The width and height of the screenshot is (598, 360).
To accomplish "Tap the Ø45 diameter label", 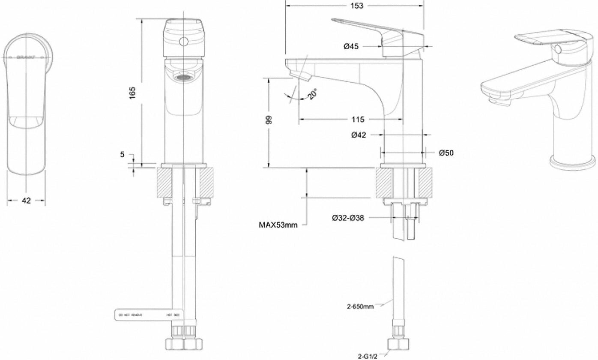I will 351,46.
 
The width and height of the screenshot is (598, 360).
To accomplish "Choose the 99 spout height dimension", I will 269,120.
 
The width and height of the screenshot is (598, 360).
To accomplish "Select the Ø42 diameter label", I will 358,135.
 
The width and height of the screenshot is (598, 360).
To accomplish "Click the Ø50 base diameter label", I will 446,152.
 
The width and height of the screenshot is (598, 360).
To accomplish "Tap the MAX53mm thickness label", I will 278,224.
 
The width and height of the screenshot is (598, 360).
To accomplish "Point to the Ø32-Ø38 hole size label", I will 348,218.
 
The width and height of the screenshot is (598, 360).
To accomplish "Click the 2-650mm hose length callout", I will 360,306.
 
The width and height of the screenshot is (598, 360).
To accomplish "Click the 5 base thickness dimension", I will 123,154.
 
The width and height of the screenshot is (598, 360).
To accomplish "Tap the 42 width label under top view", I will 27,201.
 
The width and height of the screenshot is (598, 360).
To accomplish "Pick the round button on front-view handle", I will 184,42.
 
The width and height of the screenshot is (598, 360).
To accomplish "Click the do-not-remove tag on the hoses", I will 148,315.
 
